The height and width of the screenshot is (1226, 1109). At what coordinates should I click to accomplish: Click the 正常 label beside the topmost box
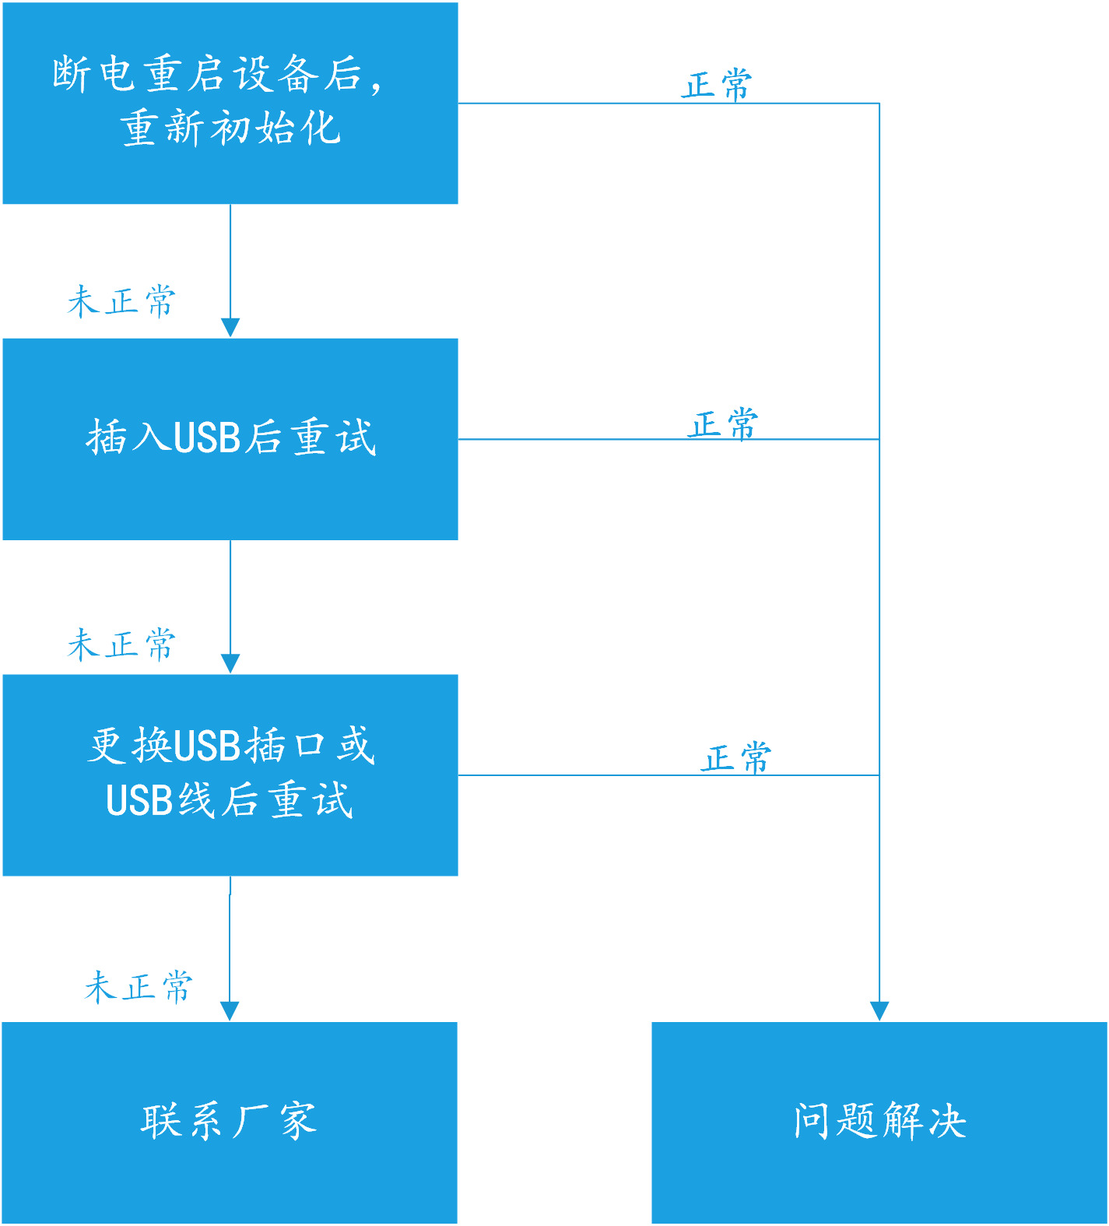[717, 85]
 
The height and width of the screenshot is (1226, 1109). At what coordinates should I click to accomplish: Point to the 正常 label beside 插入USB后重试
[723, 424]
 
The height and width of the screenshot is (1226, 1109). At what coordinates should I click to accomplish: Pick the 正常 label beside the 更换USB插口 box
[735, 757]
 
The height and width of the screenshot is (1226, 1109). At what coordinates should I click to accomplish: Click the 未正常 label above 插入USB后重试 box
[121, 301]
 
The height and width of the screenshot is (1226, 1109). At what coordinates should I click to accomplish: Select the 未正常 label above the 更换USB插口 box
[121, 645]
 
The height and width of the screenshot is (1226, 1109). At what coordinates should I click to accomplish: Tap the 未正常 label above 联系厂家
[139, 987]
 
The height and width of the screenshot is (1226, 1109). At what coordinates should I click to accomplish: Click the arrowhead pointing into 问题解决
[879, 1011]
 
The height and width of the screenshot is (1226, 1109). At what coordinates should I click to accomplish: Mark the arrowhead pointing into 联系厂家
[230, 1011]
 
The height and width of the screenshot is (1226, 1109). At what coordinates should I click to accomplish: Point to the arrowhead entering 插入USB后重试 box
[230, 327]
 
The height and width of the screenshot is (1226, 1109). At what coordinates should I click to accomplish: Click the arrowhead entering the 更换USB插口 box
[230, 663]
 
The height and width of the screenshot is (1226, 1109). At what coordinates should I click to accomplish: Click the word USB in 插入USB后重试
[207, 437]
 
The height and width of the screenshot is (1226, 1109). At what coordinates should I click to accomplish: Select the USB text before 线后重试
[139, 800]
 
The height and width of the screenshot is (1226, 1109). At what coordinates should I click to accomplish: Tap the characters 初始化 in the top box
[276, 128]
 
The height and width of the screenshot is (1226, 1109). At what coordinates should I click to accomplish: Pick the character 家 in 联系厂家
[298, 1121]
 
